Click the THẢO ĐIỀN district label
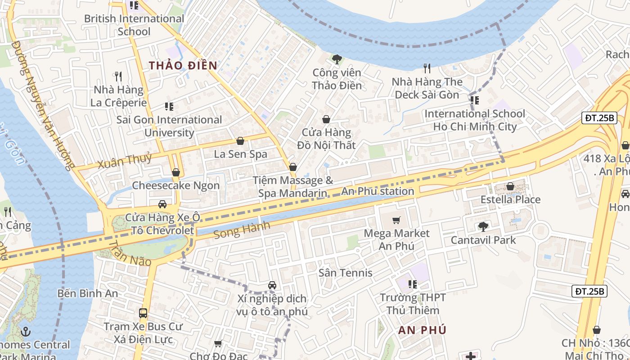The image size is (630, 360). point(183,65)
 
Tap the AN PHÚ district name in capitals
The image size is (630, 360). point(422,330)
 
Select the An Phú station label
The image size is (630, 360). point(378,191)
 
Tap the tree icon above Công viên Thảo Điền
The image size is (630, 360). point(337,59)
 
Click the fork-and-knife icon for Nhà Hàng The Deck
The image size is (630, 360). point(427,68)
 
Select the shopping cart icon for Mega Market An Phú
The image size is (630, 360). point(396,220)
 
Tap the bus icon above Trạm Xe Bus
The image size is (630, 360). point(143,313)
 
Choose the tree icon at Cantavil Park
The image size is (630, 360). point(483,226)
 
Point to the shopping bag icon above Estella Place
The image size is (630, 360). point(510,186)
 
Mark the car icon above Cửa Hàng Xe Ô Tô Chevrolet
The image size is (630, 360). point(162,204)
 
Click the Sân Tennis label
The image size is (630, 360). point(345,273)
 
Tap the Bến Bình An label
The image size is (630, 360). point(88,293)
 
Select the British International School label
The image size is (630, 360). point(134,25)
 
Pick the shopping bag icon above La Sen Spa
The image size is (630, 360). point(240,141)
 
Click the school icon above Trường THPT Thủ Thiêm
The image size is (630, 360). point(413,284)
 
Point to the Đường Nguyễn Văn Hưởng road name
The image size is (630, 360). point(41,106)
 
